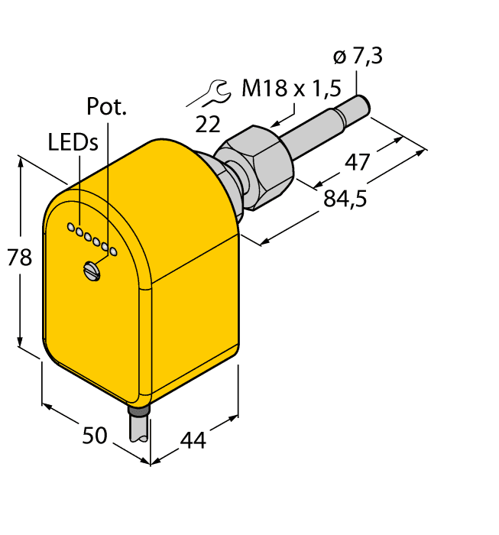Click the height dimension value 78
point(20,258)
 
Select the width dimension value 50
point(95,436)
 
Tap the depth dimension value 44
point(193,440)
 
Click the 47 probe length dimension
point(357,162)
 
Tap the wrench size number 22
point(207,123)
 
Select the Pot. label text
point(106,106)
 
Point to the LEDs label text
point(73,142)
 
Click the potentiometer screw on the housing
point(92,270)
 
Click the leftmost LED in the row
point(70,227)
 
